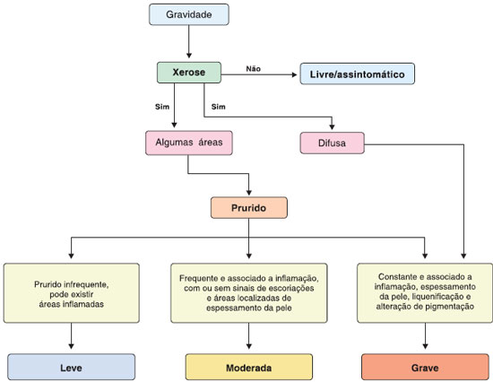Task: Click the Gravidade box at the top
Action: (x=188, y=14)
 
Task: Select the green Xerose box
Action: (x=189, y=73)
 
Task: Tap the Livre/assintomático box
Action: (x=357, y=74)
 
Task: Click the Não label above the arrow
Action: (x=254, y=68)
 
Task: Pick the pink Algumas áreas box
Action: (x=189, y=143)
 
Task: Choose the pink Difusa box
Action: (x=332, y=143)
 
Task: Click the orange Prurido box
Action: (x=248, y=208)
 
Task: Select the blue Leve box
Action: (x=72, y=367)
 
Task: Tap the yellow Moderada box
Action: (x=248, y=367)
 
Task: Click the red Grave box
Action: (x=425, y=367)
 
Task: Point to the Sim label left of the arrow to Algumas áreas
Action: (x=162, y=107)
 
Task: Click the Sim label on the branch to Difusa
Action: (x=219, y=107)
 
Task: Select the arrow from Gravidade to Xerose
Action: (x=189, y=41)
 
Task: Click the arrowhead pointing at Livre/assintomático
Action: (x=295, y=74)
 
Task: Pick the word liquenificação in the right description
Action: (x=437, y=297)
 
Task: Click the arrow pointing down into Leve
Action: (x=71, y=335)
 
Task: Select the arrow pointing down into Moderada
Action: (x=248, y=335)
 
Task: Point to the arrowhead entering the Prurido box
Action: (x=249, y=193)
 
